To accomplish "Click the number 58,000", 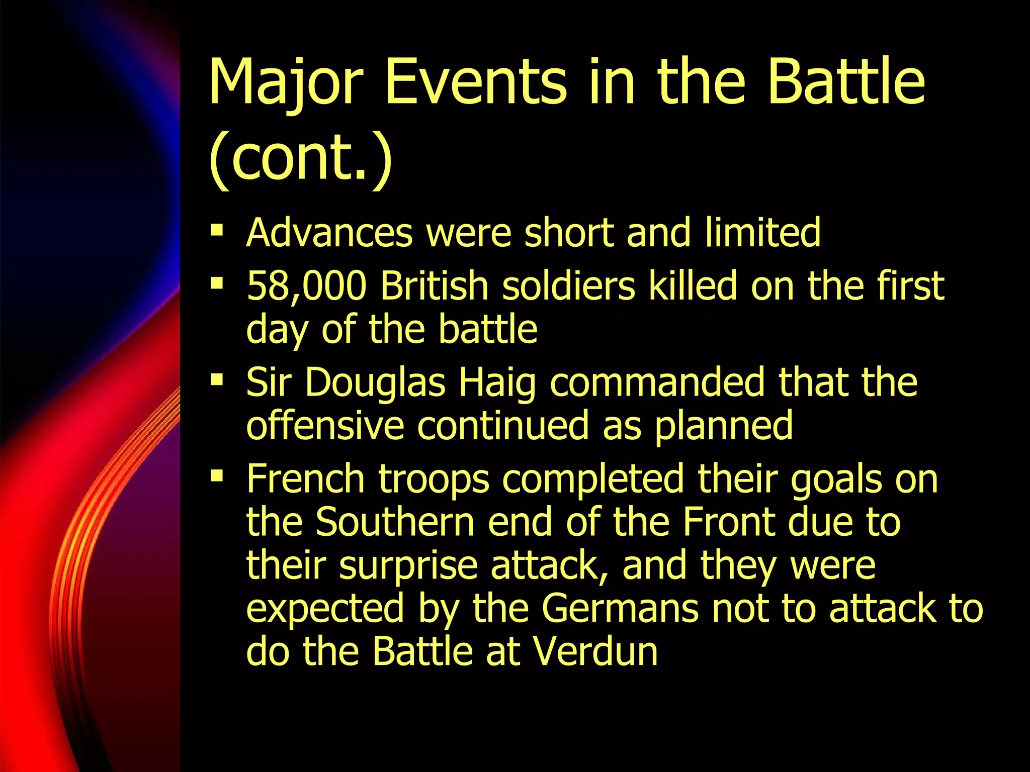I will (x=306, y=286).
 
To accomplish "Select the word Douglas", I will (x=375, y=383).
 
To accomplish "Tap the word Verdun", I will (x=595, y=651).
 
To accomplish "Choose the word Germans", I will (x=620, y=608).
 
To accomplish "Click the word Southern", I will (x=395, y=522).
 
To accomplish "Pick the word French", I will (x=305, y=479).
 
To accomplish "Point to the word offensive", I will (x=325, y=426).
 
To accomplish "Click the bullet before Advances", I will (x=217, y=231).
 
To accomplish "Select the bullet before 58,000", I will (x=217, y=284).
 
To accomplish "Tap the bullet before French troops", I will (x=217, y=475).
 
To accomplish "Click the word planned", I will (x=724, y=427).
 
